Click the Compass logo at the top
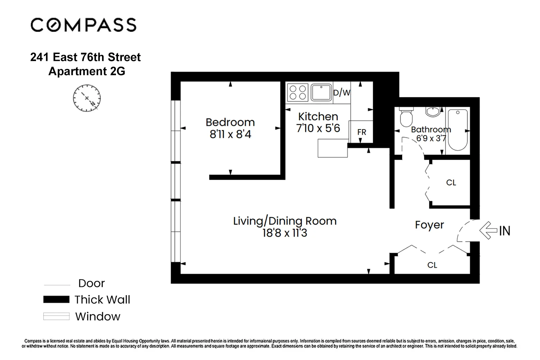pyautogui.click(x=83, y=25)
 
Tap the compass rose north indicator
pyautogui.click(x=87, y=98)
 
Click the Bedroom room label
pyautogui.click(x=230, y=122)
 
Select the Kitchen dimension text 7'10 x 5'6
pyautogui.click(x=318, y=128)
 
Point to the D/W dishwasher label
pyautogui.click(x=342, y=93)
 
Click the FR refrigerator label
pyautogui.click(x=361, y=132)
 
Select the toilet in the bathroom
pyautogui.click(x=406, y=117)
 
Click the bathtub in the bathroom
pyautogui.click(x=457, y=129)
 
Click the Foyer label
pyautogui.click(x=429, y=225)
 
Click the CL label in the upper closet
pyautogui.click(x=451, y=183)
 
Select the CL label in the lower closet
pyautogui.click(x=432, y=265)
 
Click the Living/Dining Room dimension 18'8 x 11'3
pyautogui.click(x=285, y=233)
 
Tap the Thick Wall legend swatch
pyautogui.click(x=56, y=299)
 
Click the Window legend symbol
pyautogui.click(x=56, y=316)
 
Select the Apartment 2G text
pyautogui.click(x=87, y=71)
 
